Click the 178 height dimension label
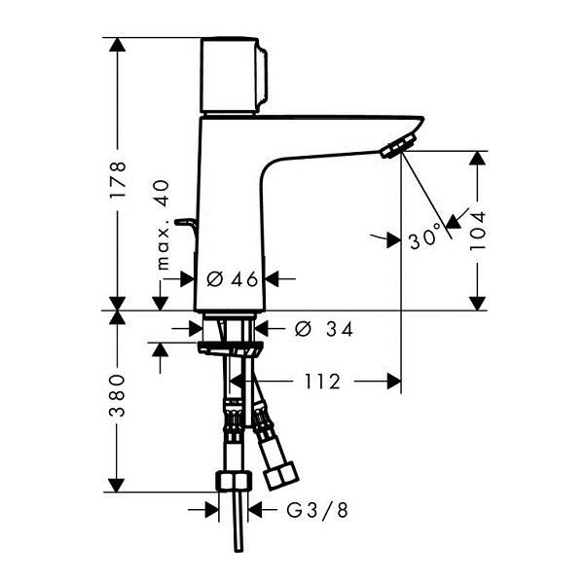pyautogui.click(x=118, y=180)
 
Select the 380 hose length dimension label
pyautogui.click(x=118, y=395)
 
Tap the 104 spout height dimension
pyautogui.click(x=478, y=231)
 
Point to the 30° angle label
pyautogui.click(x=425, y=238)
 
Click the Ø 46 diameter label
pyautogui.click(x=232, y=279)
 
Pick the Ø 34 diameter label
pyautogui.click(x=323, y=329)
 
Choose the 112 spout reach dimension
pyautogui.click(x=322, y=382)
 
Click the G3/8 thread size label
pyautogui.click(x=317, y=510)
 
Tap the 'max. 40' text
pyautogui.click(x=163, y=225)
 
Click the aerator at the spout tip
pyautogui.click(x=398, y=146)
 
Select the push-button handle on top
pyautogui.click(x=234, y=75)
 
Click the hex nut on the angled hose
pyautogui.click(x=281, y=476)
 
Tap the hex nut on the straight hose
pyautogui.click(x=234, y=481)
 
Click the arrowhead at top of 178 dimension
pyautogui.click(x=118, y=45)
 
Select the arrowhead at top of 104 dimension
pyautogui.click(x=477, y=158)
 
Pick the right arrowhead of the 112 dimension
pyautogui.click(x=394, y=382)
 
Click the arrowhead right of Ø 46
pyautogui.click(x=272, y=278)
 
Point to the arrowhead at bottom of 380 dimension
pyautogui.click(x=117, y=485)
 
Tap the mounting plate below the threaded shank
pyautogui.click(x=230, y=347)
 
